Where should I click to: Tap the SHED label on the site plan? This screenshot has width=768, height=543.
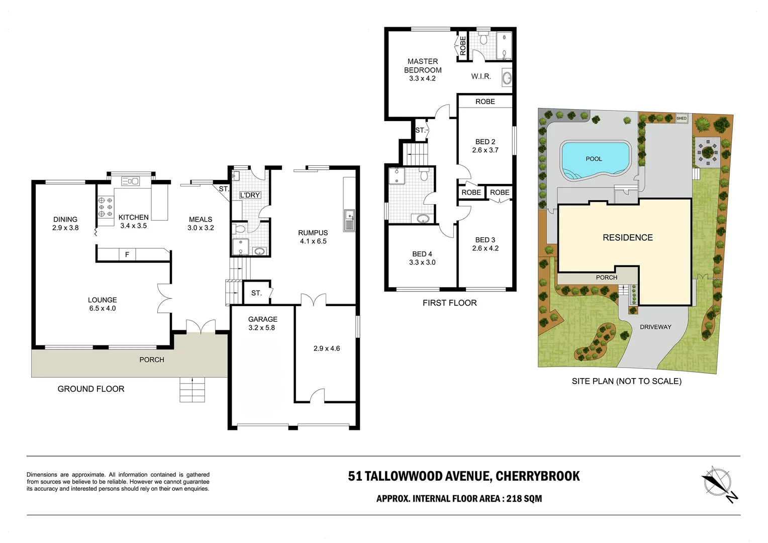coord(681,118)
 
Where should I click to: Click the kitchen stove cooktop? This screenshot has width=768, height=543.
coord(106,207)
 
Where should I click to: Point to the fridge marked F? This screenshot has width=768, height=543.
coord(127,255)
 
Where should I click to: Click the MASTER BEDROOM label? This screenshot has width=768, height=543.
coord(423,66)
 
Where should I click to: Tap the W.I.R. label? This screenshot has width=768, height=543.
coord(481,76)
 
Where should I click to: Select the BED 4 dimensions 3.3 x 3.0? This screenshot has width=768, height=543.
coord(422,262)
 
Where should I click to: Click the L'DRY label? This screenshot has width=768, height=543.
coord(250,195)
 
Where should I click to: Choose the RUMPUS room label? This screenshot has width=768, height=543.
coord(313,233)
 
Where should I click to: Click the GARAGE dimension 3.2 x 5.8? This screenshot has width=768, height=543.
coord(261,328)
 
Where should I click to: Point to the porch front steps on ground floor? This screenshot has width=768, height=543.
coord(193,389)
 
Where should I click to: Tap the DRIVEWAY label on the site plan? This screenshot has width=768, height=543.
coord(655,327)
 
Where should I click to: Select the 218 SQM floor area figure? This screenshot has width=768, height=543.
coord(524,499)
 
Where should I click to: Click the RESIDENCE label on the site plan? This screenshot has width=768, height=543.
coord(628,237)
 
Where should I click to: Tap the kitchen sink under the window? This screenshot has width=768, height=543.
coord(131,181)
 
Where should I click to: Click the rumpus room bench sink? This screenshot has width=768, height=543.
coord(349,220)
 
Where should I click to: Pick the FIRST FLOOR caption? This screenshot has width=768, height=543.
coord(449,303)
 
